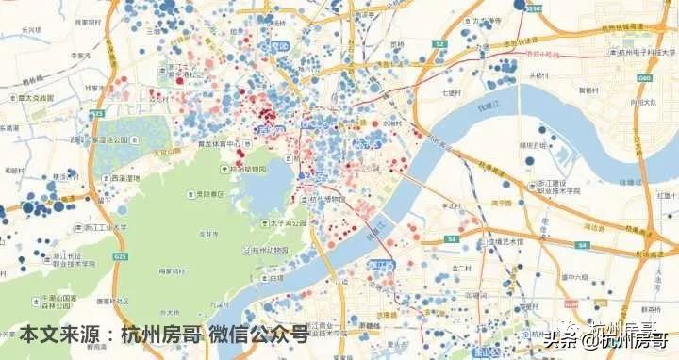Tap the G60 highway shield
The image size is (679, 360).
click(x=644, y=78)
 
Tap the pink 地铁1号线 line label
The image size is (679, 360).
click(x=542, y=55)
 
